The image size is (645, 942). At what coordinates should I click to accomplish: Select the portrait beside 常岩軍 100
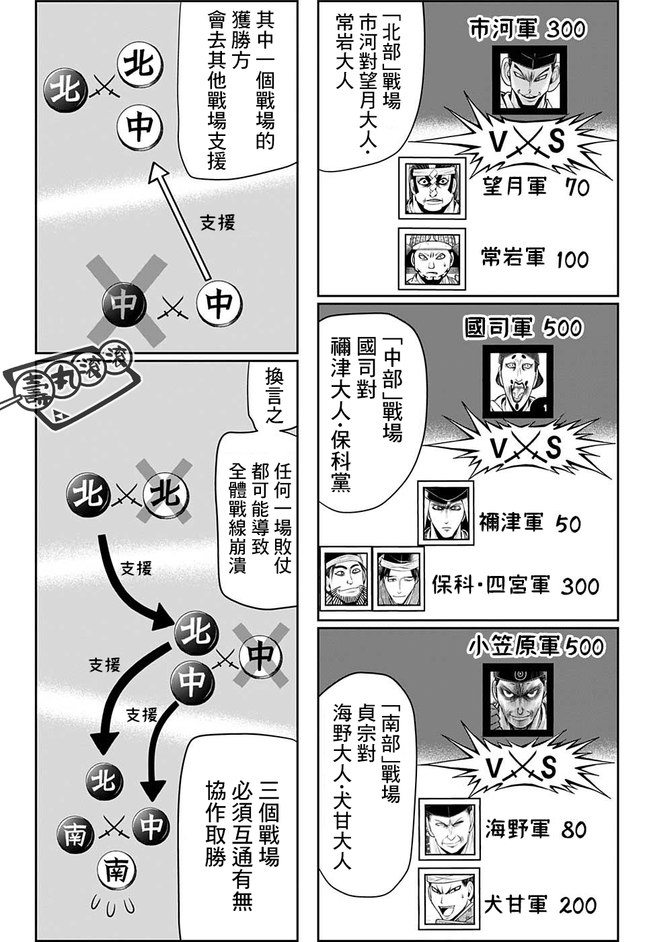coord(432,259)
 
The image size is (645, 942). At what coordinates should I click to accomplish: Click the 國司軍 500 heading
coord(523,328)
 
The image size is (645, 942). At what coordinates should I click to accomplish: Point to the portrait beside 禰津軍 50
coord(446,513)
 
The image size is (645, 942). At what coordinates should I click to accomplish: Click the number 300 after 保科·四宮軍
coord(580,586)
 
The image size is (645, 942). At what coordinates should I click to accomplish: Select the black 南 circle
coord(77,835)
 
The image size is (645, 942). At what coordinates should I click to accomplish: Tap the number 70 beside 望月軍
coord(577,187)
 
